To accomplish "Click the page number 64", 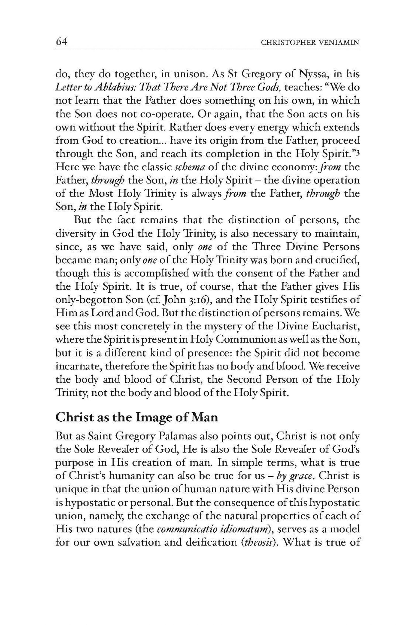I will (61, 42).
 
